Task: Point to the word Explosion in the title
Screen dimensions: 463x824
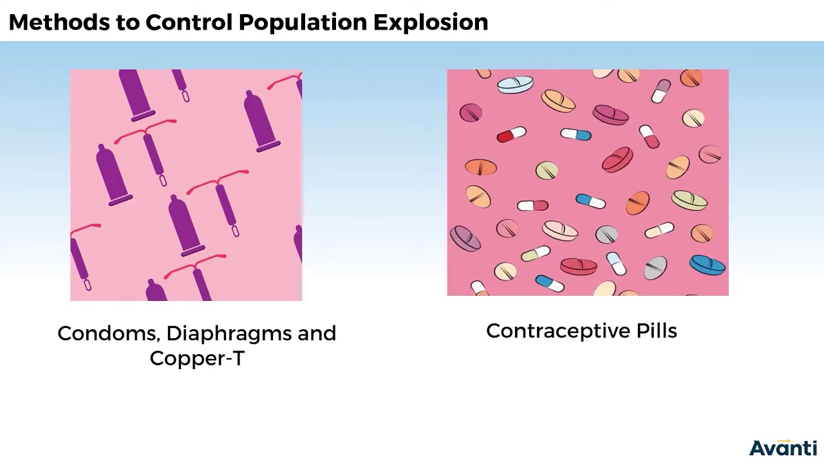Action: click(x=431, y=23)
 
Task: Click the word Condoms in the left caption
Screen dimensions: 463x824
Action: click(x=108, y=333)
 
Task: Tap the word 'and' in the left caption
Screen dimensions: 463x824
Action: click(x=317, y=333)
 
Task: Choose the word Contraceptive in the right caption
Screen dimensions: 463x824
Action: click(x=557, y=331)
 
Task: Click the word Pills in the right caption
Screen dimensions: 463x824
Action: click(x=657, y=331)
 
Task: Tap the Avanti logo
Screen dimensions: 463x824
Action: click(x=783, y=448)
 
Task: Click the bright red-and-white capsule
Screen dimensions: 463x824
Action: click(x=512, y=135)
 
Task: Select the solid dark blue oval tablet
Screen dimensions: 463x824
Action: click(x=707, y=264)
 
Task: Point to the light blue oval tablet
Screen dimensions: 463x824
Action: click(x=516, y=85)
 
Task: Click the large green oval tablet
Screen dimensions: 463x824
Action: click(x=689, y=200)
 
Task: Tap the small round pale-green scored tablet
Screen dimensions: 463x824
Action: click(x=547, y=170)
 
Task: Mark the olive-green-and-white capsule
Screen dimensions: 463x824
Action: click(x=536, y=254)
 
